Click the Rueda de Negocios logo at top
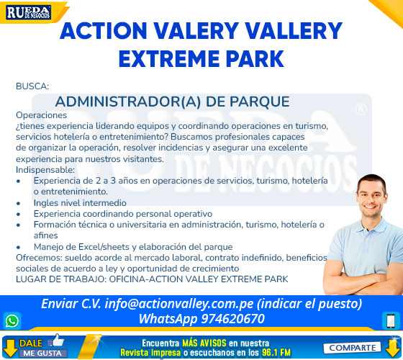[29, 13]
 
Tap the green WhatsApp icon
[12, 321]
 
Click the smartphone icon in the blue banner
[391, 320]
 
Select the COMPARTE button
[352, 348]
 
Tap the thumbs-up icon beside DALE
[57, 341]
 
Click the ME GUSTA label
[42, 354]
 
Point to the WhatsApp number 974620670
[233, 318]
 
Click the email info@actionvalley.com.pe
[179, 304]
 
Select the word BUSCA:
[32, 86]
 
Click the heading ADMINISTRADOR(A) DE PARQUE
[172, 102]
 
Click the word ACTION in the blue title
[104, 31]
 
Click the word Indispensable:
[45, 170]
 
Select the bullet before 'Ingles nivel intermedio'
[18, 203]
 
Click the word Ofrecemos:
[39, 258]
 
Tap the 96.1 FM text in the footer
[276, 352]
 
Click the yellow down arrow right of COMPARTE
[393, 348]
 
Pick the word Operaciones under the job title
[42, 115]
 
